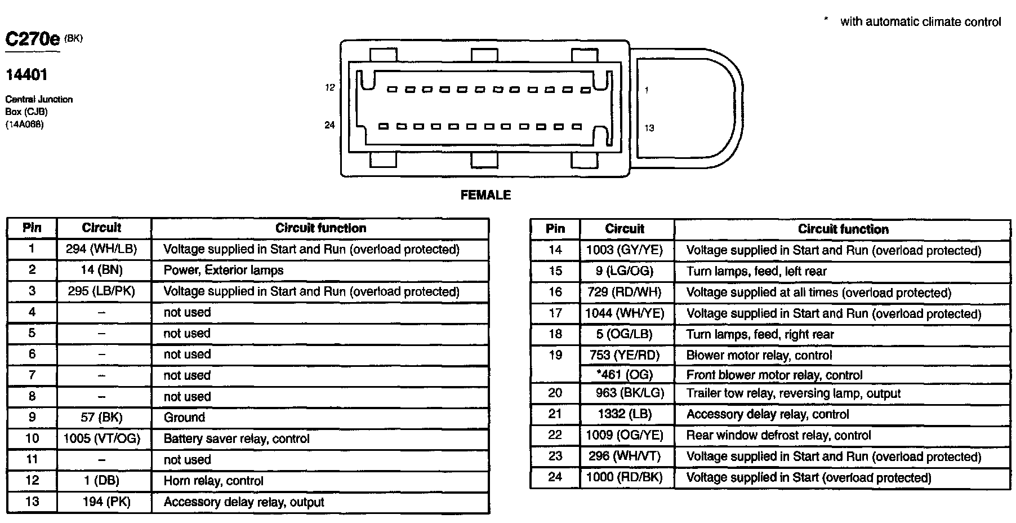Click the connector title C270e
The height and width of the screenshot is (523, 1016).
click(33, 39)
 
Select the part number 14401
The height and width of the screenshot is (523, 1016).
click(26, 74)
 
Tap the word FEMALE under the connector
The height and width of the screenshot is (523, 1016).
click(485, 195)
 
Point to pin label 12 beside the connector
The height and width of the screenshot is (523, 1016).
click(329, 87)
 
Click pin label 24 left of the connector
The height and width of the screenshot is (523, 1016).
click(329, 125)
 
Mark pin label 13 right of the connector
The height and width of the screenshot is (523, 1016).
click(649, 128)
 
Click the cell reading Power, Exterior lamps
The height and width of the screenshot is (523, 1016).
click(224, 270)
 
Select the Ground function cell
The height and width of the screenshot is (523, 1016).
click(184, 418)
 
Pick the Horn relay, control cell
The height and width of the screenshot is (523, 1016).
click(213, 481)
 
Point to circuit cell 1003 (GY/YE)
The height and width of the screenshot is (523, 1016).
click(625, 250)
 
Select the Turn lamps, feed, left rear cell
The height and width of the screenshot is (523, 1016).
click(756, 272)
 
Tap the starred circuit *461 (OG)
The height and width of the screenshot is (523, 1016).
click(624, 375)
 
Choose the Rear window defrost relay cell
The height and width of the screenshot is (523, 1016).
click(778, 435)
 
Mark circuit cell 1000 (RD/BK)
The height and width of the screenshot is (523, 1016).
click(624, 477)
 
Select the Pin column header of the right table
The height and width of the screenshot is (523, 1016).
click(555, 229)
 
